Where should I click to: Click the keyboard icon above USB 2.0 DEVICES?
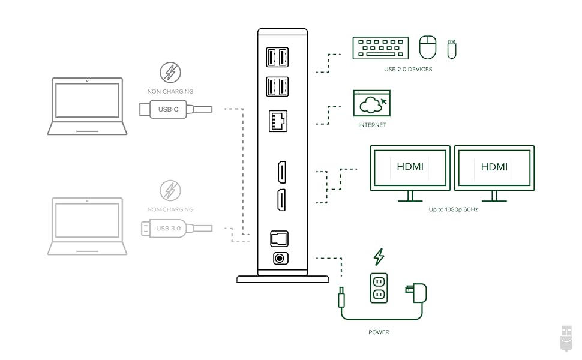click(380, 48)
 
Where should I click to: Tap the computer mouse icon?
click(428, 47)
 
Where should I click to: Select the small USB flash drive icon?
click(452, 49)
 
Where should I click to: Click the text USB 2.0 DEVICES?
click(408, 70)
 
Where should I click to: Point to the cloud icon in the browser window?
click(371, 104)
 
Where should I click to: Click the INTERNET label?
click(372, 125)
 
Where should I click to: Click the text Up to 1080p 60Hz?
click(453, 209)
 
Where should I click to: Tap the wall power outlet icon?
click(379, 287)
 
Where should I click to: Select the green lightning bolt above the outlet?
click(379, 257)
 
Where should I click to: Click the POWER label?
click(379, 332)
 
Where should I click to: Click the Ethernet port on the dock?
click(278, 122)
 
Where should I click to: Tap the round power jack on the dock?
click(280, 259)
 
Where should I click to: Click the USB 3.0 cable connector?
click(168, 229)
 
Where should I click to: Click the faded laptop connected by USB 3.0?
click(87, 226)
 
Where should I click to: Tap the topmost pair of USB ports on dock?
click(278, 57)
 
